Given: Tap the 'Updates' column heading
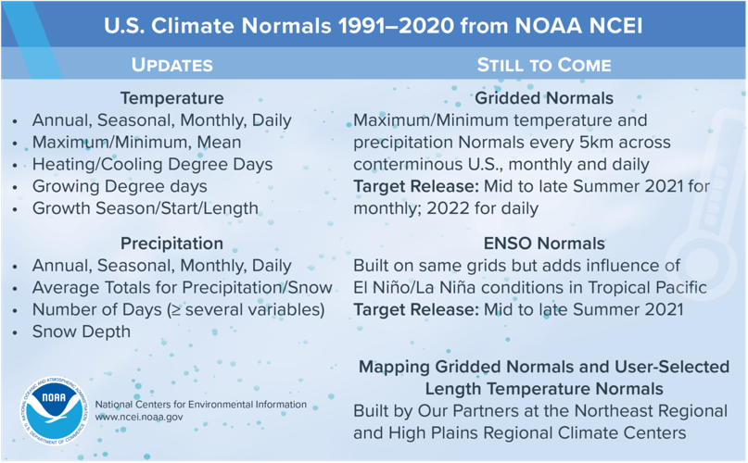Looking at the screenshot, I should pyautogui.click(x=171, y=65).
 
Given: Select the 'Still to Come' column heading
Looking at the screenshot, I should pyautogui.click(x=543, y=65).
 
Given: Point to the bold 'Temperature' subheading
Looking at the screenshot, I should pyautogui.click(x=171, y=97).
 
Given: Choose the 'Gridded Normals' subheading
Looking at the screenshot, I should pyautogui.click(x=543, y=97).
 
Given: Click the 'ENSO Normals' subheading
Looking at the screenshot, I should pyautogui.click(x=543, y=244).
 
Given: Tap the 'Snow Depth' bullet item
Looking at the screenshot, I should pyautogui.click(x=82, y=332).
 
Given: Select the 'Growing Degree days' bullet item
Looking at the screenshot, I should pyautogui.click(x=120, y=187).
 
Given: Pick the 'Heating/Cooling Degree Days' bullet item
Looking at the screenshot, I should pyautogui.click(x=152, y=165).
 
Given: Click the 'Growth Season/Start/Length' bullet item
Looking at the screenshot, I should pyautogui.click(x=145, y=208).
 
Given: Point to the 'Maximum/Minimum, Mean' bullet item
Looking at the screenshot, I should pyautogui.click(x=136, y=143).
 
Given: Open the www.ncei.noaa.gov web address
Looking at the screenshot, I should pyautogui.click(x=139, y=418).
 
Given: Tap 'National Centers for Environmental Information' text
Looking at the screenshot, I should pyautogui.click(x=200, y=404).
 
